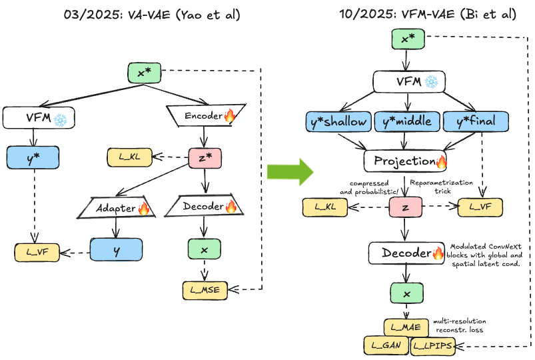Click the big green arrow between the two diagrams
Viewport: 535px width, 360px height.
click(290, 171)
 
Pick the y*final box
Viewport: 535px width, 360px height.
click(476, 121)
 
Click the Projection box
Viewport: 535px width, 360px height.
click(404, 161)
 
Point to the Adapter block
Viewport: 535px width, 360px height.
click(119, 207)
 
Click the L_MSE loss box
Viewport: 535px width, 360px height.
click(205, 289)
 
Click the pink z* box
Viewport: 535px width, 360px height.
click(205, 157)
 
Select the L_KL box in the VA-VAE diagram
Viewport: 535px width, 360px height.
click(129, 158)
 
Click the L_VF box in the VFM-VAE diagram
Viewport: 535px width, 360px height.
click(480, 207)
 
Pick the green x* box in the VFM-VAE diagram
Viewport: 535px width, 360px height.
click(404, 39)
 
